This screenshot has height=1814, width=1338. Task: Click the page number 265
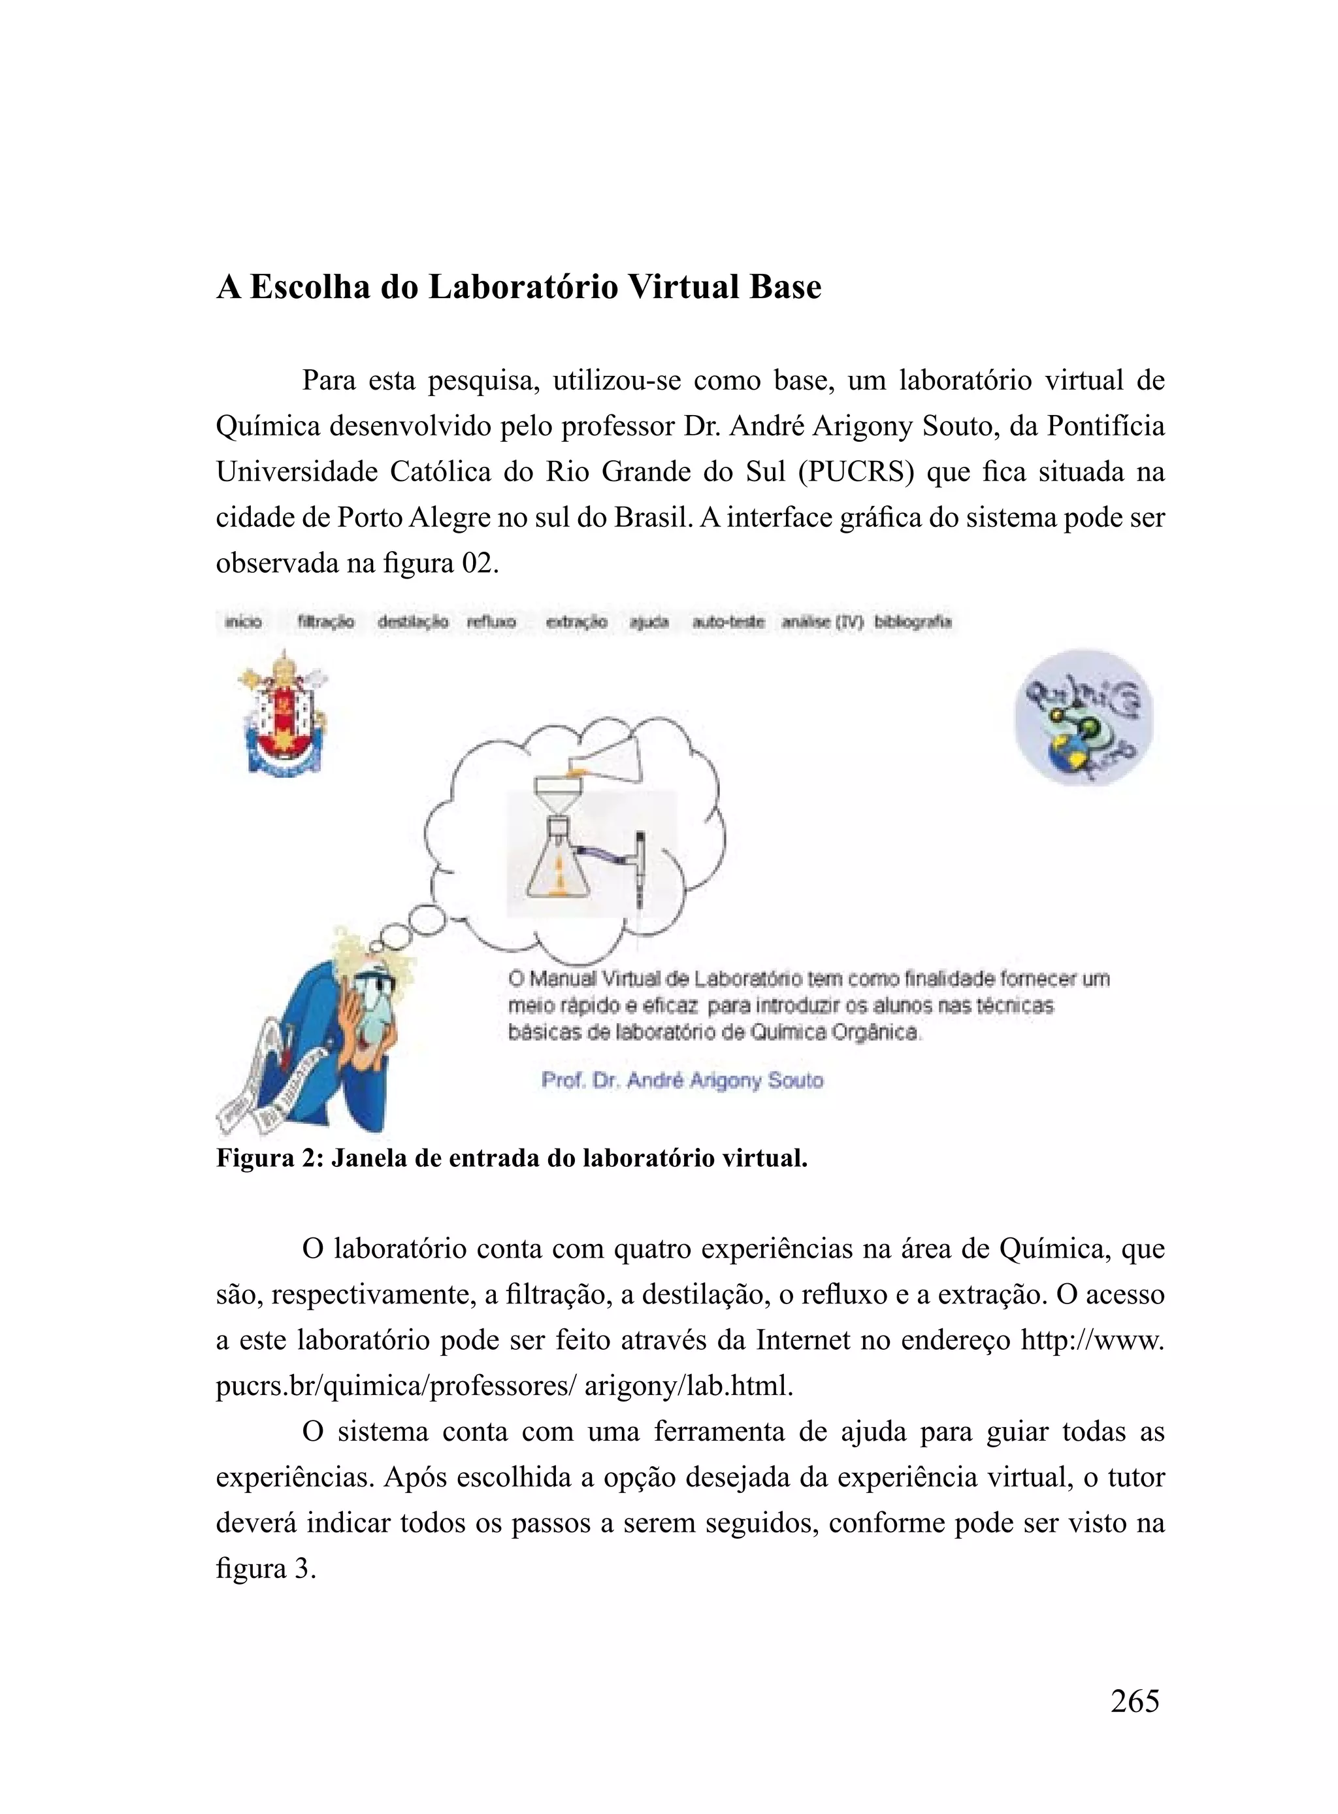click(x=1134, y=1700)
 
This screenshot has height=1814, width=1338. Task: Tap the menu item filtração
click(x=325, y=622)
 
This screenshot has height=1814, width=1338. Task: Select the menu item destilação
click(x=412, y=622)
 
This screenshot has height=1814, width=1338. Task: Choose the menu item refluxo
click(x=491, y=622)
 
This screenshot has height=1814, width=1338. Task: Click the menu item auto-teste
click(x=728, y=622)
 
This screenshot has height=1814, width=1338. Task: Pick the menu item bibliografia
click(x=912, y=622)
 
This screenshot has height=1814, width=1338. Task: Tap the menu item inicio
click(x=243, y=622)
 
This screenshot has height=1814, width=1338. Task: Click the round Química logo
click(x=1084, y=717)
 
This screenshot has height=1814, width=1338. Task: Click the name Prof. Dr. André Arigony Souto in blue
click(x=682, y=1080)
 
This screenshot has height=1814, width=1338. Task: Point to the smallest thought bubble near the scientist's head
click(x=378, y=945)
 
